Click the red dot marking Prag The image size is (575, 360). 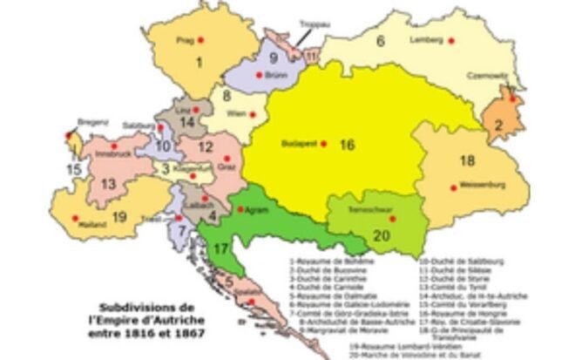pos(201,41)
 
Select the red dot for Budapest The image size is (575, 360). pos(323,143)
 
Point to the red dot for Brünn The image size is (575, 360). pos(259,76)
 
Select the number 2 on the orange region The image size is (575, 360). pos(498,125)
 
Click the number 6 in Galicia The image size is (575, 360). pos(380,40)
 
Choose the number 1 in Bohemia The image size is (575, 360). pos(200,61)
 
